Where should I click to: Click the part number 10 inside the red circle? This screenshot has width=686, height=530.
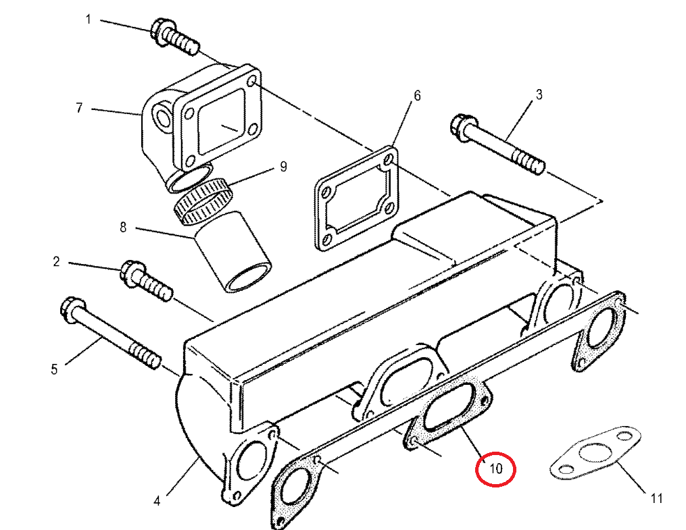point(495,469)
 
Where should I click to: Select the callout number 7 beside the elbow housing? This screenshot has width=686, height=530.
point(79,107)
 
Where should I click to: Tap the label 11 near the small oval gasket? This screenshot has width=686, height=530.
point(656,498)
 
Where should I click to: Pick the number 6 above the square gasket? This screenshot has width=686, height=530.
point(417,96)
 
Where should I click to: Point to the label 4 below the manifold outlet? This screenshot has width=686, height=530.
point(157,501)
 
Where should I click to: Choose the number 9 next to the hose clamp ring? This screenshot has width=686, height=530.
point(283,167)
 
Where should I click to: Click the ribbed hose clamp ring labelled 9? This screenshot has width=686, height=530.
point(203,201)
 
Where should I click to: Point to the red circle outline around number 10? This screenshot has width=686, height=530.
point(495,469)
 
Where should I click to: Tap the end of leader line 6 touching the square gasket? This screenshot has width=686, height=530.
point(393,147)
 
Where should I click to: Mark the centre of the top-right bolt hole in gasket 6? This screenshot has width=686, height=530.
point(388,161)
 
